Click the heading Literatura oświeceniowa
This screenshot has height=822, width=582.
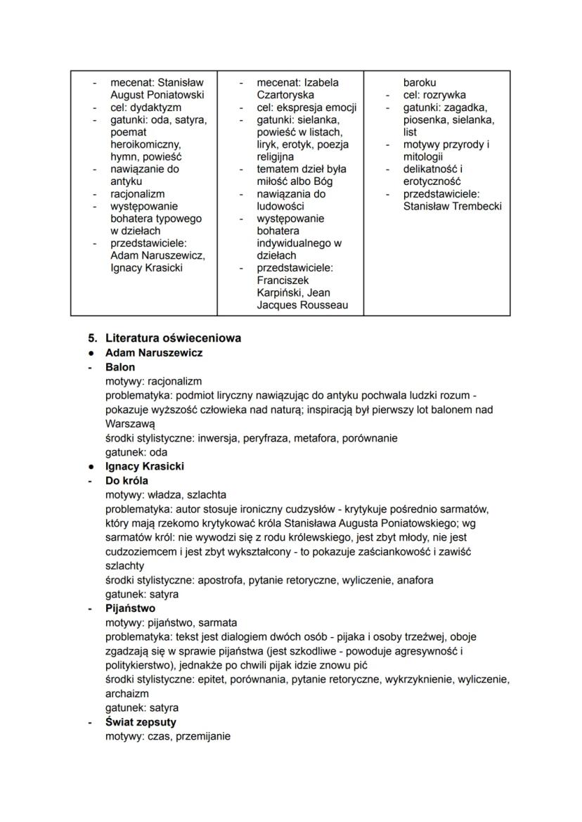pos(173,338)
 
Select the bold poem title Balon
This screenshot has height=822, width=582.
pos(120,367)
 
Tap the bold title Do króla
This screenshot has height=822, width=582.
pos(129,481)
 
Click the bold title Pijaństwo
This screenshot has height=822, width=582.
pos(131,608)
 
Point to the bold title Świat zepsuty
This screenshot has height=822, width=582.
pos(141,722)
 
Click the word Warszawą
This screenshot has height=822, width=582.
pos(130,425)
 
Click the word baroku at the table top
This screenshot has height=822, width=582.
pos(420,82)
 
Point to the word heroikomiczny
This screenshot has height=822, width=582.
pos(145,144)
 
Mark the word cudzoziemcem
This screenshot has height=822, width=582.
pos(139,552)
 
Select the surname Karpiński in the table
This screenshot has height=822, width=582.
pos(285,293)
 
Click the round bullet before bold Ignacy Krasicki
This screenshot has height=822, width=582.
pos(91,466)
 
